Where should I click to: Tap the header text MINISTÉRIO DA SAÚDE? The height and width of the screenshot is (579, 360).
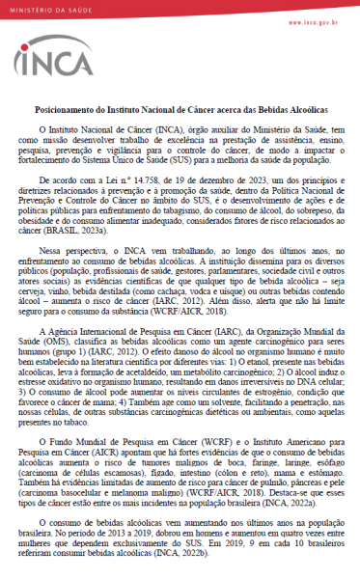pos(48,8)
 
